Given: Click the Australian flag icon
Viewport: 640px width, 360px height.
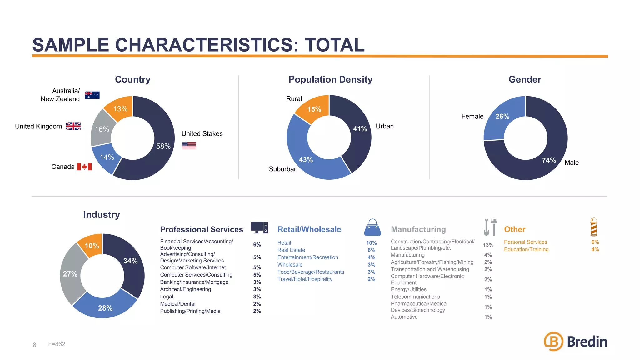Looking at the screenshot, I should (92, 95).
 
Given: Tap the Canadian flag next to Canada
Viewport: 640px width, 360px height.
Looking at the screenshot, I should (84, 167).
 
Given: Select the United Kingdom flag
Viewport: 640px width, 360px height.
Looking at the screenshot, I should (73, 126).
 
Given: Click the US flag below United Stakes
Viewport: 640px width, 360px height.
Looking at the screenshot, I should (189, 145).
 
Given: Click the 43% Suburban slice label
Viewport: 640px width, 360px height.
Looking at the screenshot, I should (306, 160).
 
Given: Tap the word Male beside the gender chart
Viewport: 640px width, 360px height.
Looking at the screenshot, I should (572, 162).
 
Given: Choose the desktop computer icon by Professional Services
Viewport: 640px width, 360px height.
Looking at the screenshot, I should (259, 228).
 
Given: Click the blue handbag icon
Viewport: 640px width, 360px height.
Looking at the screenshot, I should (372, 227).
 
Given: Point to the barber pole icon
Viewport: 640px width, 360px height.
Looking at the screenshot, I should (594, 227).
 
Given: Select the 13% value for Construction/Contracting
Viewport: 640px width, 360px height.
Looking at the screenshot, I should (488, 245).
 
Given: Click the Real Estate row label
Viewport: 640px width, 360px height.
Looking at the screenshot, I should (291, 250).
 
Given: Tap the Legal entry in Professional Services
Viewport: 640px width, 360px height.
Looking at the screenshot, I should (167, 297).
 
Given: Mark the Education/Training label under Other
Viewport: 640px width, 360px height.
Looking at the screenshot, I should (526, 249).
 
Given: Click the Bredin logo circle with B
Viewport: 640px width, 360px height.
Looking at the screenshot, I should (553, 341).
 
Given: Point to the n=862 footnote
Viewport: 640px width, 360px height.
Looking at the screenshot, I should (57, 344).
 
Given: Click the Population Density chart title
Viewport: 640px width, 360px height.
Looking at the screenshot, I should (330, 79).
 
